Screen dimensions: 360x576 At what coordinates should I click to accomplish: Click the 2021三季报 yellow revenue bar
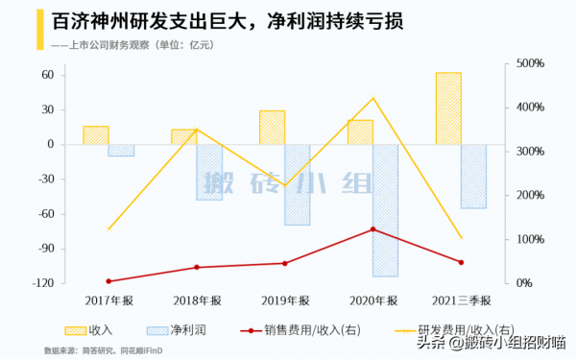448,108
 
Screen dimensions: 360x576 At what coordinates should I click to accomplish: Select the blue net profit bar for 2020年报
385,210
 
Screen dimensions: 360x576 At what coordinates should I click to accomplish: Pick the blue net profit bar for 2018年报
209,172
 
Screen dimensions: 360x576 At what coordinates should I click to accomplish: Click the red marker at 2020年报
373,229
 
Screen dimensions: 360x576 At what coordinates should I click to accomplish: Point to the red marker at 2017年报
108,281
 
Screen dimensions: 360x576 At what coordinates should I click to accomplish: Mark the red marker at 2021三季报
461,262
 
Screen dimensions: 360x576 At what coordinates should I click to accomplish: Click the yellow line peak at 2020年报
373,98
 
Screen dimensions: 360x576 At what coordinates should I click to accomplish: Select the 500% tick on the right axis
531,64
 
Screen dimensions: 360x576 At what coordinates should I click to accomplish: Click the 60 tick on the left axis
70,75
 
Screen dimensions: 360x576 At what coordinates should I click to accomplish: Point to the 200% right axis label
531,196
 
